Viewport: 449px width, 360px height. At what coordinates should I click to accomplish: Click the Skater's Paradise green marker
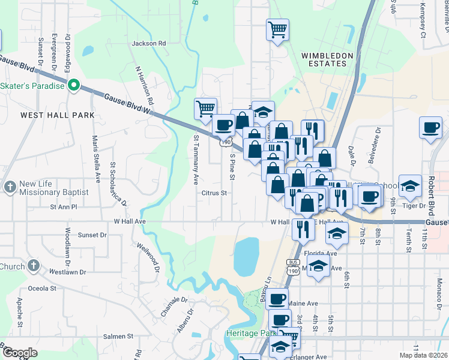[74, 86]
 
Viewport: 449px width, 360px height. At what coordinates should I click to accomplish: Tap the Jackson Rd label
[148, 44]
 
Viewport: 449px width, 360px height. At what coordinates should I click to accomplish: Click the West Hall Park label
[49, 115]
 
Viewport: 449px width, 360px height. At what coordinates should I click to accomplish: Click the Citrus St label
[214, 193]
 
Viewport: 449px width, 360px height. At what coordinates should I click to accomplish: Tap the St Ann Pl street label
[64, 207]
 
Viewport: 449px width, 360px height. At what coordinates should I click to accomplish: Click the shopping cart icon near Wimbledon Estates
[277, 29]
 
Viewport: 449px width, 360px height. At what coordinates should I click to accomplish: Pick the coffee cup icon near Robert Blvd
[430, 128]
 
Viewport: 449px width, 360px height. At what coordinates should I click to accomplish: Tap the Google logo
[19, 353]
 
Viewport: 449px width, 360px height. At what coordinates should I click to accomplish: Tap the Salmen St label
[118, 337]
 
